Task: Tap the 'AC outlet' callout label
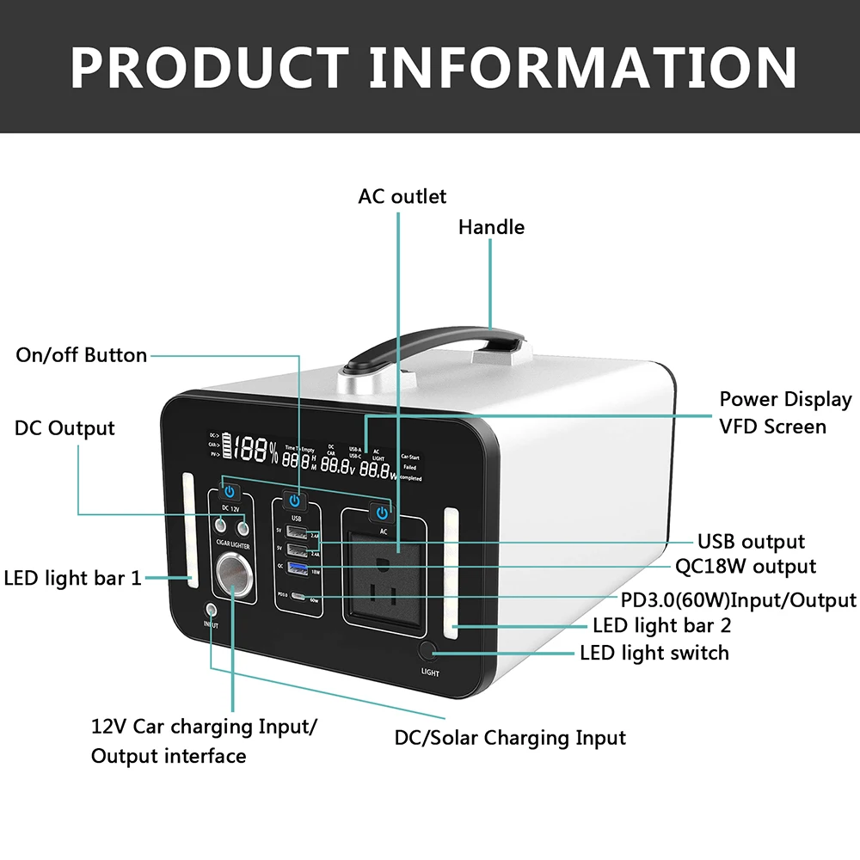pyautogui.click(x=402, y=197)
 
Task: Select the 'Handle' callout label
pyautogui.click(x=491, y=227)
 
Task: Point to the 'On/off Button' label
pyautogui.click(x=82, y=355)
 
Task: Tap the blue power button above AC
pyautogui.click(x=381, y=513)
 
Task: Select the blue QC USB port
pyautogui.click(x=297, y=568)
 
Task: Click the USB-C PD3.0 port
pyautogui.click(x=297, y=595)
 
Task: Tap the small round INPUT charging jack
pyautogui.click(x=211, y=610)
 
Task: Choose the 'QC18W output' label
pyautogui.click(x=745, y=567)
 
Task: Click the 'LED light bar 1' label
pyautogui.click(x=72, y=578)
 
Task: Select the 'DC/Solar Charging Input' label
pyautogui.click(x=510, y=738)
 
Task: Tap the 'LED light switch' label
pyautogui.click(x=654, y=653)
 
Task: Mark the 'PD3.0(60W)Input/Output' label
pyautogui.click(x=738, y=599)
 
